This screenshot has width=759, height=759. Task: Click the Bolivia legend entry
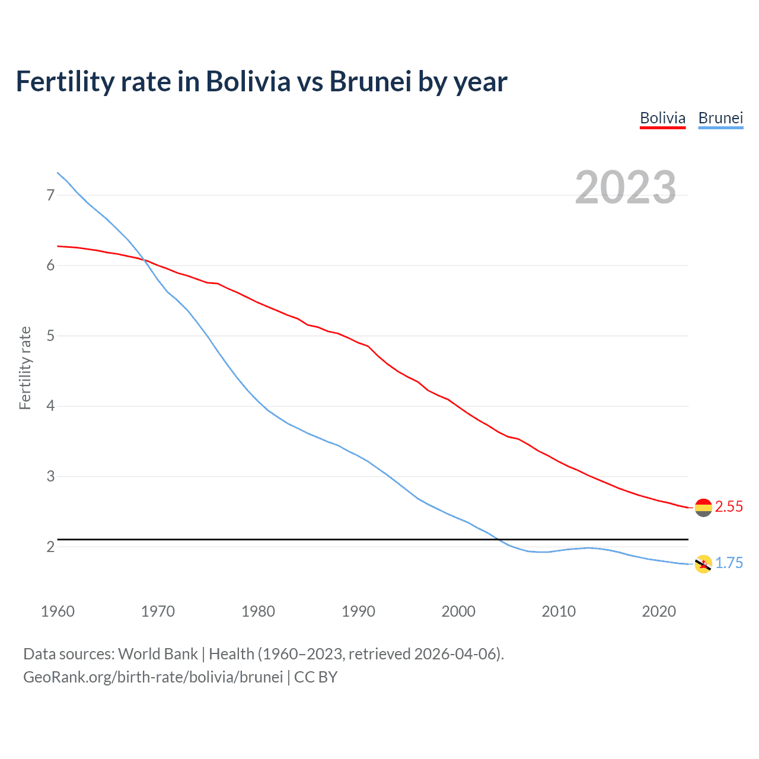click(x=662, y=119)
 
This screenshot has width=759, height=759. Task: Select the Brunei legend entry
click(x=720, y=119)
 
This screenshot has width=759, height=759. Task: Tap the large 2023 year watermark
click(x=625, y=187)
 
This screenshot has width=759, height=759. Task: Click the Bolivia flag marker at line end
click(x=703, y=508)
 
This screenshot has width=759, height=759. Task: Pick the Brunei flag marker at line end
click(x=703, y=564)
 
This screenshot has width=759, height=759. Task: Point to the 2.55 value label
click(x=729, y=507)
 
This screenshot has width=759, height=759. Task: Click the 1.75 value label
click(x=729, y=563)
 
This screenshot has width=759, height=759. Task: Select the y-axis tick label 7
click(x=50, y=195)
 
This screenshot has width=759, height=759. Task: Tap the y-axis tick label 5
click(x=50, y=336)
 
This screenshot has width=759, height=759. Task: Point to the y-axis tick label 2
click(x=50, y=547)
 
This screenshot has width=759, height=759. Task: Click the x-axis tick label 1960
click(x=58, y=611)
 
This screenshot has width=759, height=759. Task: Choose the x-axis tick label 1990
click(x=358, y=611)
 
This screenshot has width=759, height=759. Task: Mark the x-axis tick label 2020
click(x=659, y=611)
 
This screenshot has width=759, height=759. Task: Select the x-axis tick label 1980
click(x=258, y=611)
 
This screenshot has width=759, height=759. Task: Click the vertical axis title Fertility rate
click(x=25, y=368)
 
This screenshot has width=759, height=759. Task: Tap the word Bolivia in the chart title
click(x=248, y=82)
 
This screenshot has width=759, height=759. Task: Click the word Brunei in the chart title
click(x=370, y=82)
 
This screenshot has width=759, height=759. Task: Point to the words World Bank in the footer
click(x=158, y=654)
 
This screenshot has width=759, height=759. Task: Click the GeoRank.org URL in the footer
click(x=153, y=677)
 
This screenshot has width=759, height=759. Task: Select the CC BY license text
click(x=316, y=677)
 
